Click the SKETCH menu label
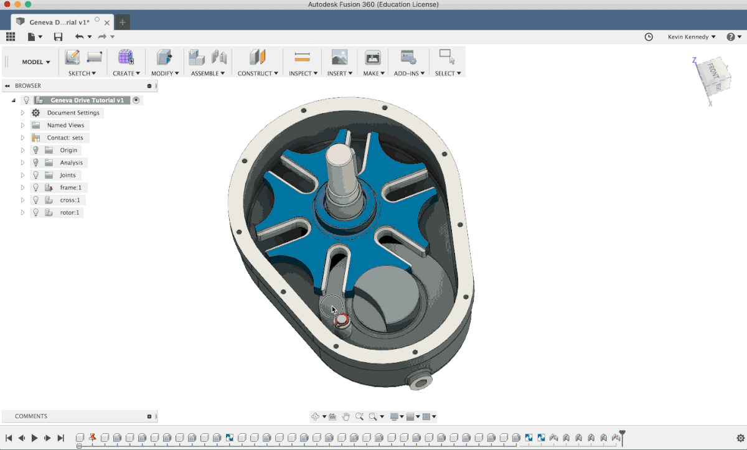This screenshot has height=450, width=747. coord(82,73)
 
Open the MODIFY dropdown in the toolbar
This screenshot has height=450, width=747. coord(165,73)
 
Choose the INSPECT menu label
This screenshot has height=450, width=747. coord(303,73)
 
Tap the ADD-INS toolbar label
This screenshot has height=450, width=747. coord(409,73)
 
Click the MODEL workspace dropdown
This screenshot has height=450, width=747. coord(36,62)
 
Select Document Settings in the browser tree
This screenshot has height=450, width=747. coord(73,113)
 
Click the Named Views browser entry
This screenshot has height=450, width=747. coord(65,125)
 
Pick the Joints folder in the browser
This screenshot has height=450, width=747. coord(67,175)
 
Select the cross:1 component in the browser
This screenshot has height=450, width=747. coord(70,200)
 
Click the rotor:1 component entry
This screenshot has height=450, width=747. coord(70,212)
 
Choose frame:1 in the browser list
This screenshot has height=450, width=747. coord(70,187)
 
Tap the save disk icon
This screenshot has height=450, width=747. coord(58,37)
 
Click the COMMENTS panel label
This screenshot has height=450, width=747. coord(31,416)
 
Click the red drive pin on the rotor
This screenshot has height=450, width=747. coord(341,321)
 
